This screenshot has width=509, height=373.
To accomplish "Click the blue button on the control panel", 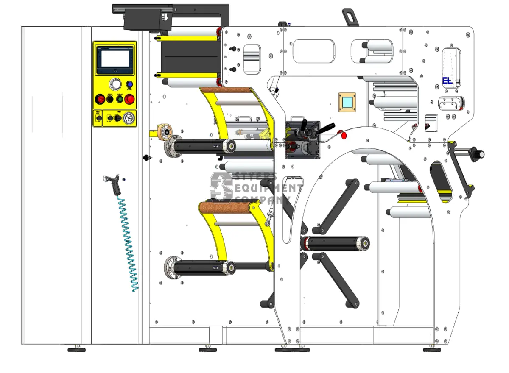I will click(x=130, y=85).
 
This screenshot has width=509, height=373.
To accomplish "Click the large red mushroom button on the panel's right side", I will click(x=129, y=100).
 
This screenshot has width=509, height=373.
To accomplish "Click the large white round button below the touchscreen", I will click(x=115, y=83).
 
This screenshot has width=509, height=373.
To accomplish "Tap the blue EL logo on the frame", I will click(x=447, y=81).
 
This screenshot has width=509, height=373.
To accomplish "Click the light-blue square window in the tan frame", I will click(x=347, y=102).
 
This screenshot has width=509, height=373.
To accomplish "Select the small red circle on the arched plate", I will click(x=344, y=135).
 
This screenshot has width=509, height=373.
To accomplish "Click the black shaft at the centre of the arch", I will click(x=335, y=243).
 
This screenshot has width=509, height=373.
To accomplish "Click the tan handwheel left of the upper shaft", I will click(x=163, y=132).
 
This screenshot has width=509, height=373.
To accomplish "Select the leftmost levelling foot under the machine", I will click(x=77, y=349).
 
